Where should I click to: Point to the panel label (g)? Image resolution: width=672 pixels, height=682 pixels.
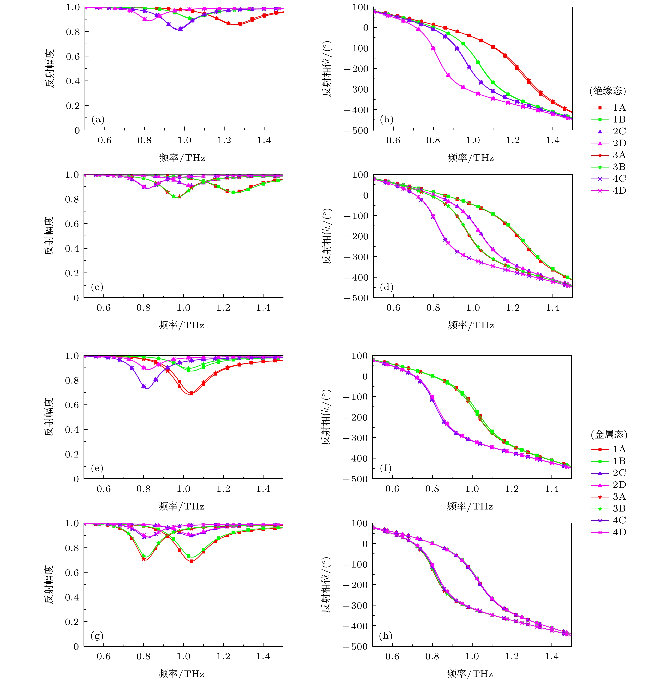tap(97, 636)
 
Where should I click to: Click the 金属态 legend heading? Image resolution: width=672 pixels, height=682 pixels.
tap(609, 435)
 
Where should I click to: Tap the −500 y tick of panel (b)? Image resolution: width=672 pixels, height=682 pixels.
tap(356, 130)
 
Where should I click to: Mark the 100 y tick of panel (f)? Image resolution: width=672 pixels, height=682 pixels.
tap(359, 356)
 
